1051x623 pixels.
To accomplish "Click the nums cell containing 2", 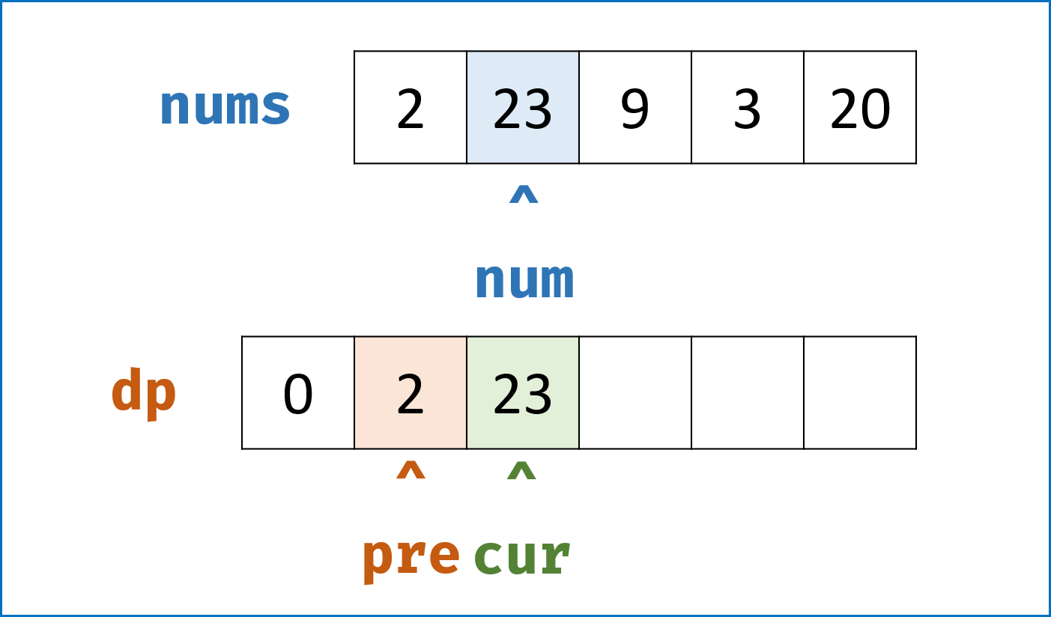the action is pos(411,107).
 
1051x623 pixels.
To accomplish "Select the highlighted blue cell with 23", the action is pos(523,107).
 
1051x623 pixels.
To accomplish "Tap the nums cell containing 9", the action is pos(635,107).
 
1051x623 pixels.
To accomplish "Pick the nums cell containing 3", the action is pos(748,107).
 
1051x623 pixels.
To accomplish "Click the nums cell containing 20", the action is pos(860,107).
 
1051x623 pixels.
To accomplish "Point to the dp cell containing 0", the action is pos(298,392).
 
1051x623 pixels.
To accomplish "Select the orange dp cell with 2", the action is pos(411,392).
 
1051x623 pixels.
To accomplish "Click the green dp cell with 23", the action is pos(523,392).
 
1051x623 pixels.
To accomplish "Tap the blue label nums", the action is pos(225,107).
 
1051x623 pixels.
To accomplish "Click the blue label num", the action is pos(524,281).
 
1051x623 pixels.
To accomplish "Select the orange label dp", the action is pos(144,394).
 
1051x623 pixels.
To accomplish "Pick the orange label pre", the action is pos(411,559).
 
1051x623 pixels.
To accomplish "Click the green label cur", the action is pos(522,556).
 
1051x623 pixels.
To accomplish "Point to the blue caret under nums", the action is pos(524,194).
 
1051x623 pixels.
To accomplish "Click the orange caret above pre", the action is pos(411,470).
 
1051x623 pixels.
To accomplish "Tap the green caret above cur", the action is pos(521,470).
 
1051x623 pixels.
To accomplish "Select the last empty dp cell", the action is pos(860,392).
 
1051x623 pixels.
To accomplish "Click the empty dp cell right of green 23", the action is pos(635,392).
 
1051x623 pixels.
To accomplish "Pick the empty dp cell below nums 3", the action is pos(748,392).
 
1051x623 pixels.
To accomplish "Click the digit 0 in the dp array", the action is pos(298,394).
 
